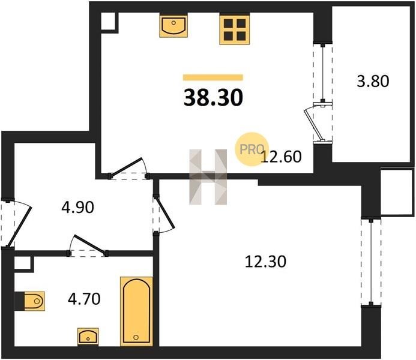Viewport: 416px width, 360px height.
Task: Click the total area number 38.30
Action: [213, 97]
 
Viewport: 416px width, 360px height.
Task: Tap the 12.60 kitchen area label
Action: [281, 157]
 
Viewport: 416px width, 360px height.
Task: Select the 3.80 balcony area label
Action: [373, 81]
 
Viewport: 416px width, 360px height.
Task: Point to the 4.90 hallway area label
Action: [77, 208]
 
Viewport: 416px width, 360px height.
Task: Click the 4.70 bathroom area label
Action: [84, 299]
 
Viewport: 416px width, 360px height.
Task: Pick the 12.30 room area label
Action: [265, 262]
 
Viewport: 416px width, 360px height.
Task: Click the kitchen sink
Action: [173, 26]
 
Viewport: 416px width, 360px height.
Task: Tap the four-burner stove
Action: [235, 29]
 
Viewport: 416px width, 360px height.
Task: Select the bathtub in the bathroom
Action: [137, 311]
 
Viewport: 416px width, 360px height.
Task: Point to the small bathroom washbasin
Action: [88, 337]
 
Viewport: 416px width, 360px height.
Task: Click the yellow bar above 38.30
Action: [213, 77]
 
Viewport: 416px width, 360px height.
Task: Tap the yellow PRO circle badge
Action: [252, 149]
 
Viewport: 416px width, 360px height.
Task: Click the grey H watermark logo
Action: [208, 177]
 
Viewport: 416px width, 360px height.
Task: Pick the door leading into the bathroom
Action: [88, 245]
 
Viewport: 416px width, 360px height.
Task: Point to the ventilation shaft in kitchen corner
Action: [108, 21]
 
